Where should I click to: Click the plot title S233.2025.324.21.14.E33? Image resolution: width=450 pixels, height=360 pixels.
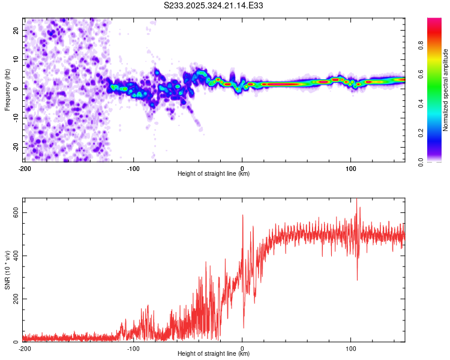coord(214,6)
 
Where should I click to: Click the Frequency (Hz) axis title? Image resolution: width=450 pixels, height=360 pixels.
coord(7,89)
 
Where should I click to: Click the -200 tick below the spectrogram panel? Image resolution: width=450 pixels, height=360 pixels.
coord(25,167)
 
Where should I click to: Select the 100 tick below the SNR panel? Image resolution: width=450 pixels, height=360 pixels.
coord(351,348)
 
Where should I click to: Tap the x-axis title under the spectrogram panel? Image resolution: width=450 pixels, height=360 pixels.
coord(214,174)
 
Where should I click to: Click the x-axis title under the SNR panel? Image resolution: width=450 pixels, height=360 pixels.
coord(214,354)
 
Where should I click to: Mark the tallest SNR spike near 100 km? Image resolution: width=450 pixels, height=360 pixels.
coord(357,200)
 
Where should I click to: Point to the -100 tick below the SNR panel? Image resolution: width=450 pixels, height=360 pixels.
coord(133,348)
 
